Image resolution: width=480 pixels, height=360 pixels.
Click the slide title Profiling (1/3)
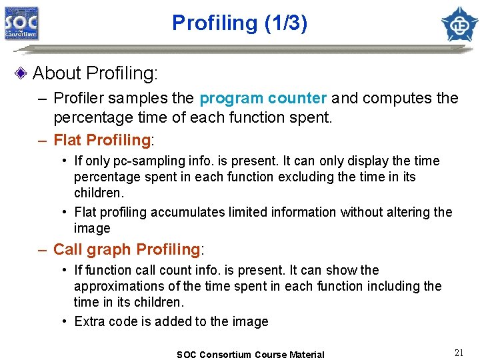240,23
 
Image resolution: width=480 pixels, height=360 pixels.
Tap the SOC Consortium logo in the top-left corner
22,24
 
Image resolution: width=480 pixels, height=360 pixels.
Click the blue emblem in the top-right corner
459,24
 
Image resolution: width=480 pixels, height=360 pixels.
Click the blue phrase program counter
263,99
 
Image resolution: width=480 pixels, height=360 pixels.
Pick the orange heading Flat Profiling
102,140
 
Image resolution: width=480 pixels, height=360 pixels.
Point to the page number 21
459,353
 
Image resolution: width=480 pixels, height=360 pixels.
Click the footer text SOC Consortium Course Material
251,355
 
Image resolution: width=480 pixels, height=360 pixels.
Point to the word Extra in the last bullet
89,321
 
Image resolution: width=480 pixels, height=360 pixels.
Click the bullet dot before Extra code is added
65,321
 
